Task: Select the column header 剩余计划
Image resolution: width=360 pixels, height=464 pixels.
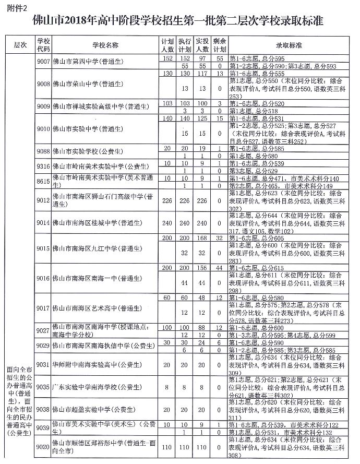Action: click(220, 45)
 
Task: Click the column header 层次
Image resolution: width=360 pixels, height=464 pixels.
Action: click(19, 45)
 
